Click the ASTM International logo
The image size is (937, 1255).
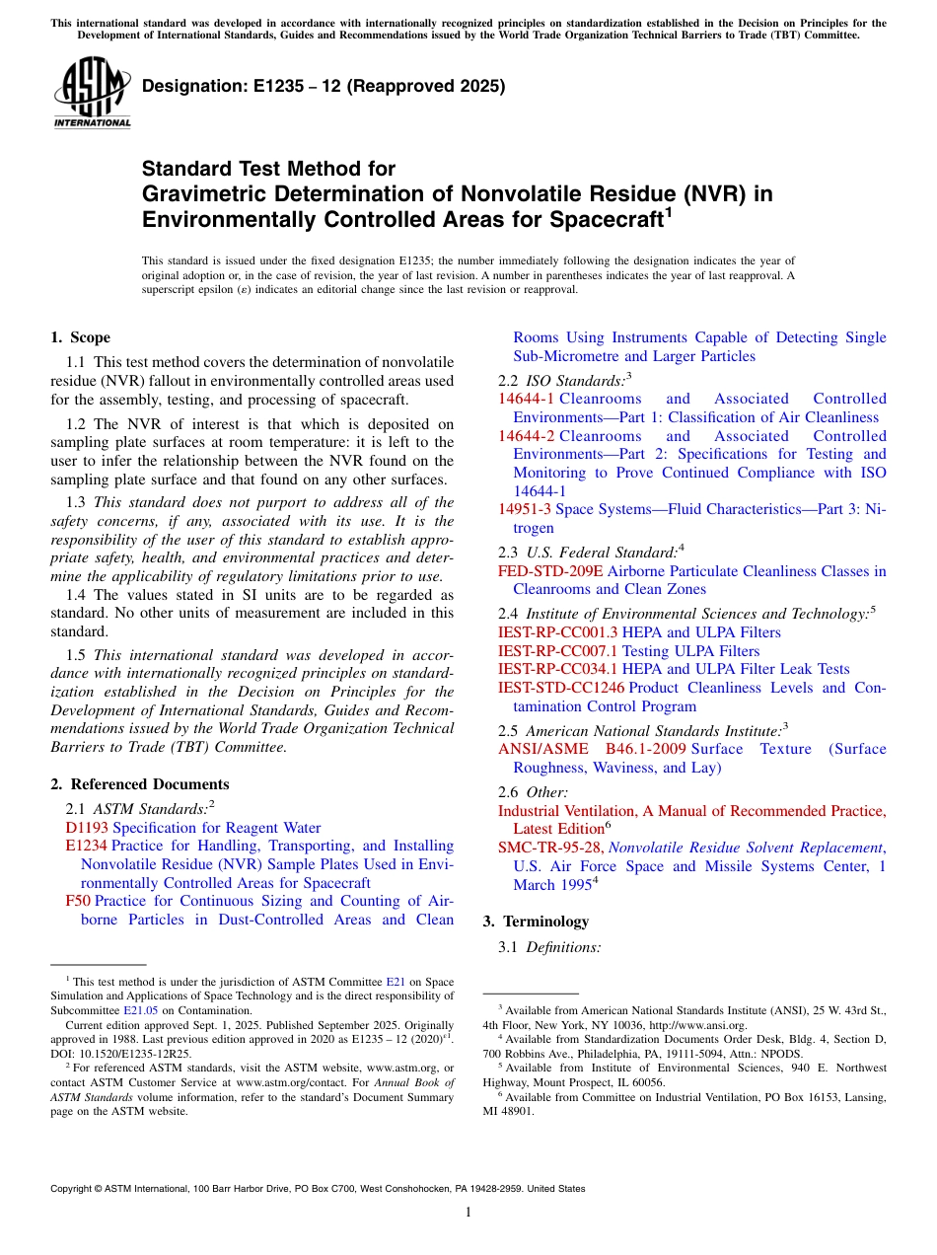click(91, 94)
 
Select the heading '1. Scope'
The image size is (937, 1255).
click(80, 337)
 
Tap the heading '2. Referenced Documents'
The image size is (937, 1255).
click(139, 784)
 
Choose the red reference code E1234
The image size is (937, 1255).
click(86, 846)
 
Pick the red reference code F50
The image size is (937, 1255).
click(78, 901)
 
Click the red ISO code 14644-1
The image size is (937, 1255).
click(527, 399)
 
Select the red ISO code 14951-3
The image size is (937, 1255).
click(527, 509)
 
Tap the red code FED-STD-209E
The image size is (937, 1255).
click(549, 571)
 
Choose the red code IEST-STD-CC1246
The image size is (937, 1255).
click(561, 688)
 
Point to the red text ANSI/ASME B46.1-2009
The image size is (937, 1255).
click(592, 749)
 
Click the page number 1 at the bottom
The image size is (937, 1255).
click(468, 1213)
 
